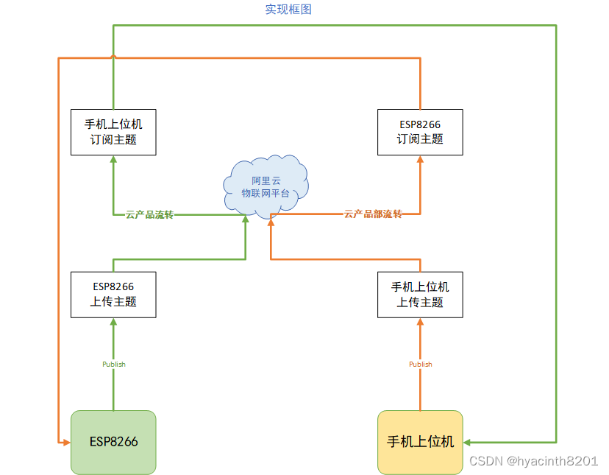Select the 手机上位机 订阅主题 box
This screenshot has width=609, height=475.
[x=113, y=132]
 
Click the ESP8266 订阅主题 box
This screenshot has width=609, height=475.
[x=420, y=132]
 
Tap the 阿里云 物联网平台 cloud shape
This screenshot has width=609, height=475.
[x=266, y=186]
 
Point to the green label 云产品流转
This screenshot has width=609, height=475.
[x=149, y=215]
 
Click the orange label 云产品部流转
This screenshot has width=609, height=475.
[x=373, y=214]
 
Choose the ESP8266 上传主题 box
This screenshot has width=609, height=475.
[x=113, y=295]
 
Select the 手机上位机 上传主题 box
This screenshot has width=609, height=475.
[x=420, y=295]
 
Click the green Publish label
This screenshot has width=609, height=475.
[x=113, y=365]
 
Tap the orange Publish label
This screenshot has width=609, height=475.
[x=420, y=365]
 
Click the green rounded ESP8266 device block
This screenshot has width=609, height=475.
[x=113, y=442]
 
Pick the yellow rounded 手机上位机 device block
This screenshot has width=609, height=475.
[x=420, y=442]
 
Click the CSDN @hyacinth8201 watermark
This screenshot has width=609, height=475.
[x=533, y=460]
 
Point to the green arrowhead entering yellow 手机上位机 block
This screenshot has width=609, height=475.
[x=468, y=442]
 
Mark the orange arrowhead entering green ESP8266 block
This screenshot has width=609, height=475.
[x=65, y=442]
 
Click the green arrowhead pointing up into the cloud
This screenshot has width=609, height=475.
[x=246, y=219]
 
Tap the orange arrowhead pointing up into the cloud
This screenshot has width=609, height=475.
[x=271, y=219]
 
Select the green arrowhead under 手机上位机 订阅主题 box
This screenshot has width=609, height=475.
[x=113, y=160]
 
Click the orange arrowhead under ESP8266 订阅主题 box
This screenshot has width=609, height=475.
[x=420, y=160]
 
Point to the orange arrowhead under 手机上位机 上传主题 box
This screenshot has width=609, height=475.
[x=420, y=322]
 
